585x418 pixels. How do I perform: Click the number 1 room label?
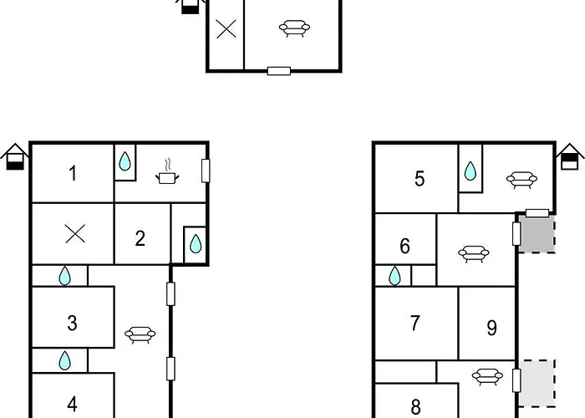74,174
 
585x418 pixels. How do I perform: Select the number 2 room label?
140,238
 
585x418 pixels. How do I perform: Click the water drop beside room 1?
125,161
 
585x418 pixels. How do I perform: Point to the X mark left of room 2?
75,233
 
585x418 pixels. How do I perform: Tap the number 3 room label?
73,324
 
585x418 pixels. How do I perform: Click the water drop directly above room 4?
64,360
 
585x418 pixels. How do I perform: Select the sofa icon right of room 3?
140,334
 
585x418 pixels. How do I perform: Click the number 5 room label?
420,179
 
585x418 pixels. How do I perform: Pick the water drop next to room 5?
470,171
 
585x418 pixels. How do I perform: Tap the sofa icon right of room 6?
474,254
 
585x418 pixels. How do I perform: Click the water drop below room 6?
394,276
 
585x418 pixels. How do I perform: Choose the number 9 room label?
492,328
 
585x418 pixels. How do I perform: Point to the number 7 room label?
415,324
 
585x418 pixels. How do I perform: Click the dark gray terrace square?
537,234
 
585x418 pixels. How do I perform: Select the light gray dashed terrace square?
537,383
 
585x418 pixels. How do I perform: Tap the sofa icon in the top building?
294,28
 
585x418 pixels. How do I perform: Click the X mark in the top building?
226,29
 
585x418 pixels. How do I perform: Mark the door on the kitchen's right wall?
206,171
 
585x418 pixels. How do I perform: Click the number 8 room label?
415,406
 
